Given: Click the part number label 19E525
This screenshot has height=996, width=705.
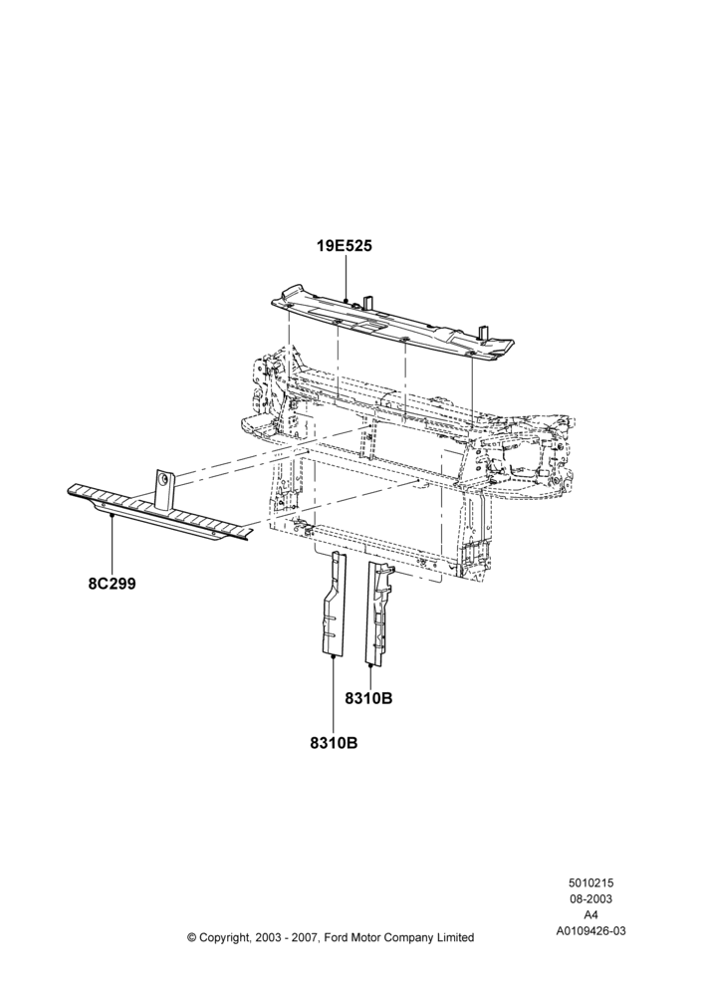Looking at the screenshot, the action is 345,246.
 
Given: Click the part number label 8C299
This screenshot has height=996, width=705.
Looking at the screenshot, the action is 112,584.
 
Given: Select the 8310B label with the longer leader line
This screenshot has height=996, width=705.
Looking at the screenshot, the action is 334,743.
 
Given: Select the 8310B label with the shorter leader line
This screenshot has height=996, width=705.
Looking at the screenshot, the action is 368,698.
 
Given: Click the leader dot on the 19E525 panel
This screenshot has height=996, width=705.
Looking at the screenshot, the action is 345,300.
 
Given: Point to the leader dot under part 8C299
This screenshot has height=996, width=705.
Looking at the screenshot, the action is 112,516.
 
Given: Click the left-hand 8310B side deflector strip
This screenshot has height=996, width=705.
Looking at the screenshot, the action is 334,604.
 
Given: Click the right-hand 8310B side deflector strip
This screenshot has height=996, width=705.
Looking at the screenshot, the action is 378,613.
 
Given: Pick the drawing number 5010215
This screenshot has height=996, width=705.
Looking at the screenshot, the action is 590,882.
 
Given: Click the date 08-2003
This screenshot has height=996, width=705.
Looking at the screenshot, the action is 590,898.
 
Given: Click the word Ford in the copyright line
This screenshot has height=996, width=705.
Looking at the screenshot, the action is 337,937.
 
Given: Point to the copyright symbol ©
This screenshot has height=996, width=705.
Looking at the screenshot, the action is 192,937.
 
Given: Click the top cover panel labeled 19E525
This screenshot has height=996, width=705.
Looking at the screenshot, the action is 392,323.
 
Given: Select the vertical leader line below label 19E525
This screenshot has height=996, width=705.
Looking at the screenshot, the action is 345,277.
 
